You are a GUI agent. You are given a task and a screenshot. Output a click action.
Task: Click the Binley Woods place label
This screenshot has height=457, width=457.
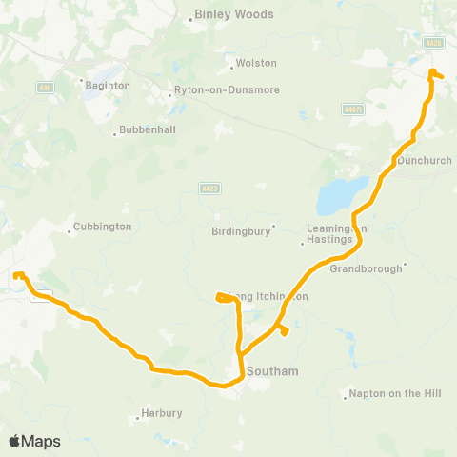tap(233, 14)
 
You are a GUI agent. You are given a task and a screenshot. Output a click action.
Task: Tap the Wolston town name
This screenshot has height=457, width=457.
tap(257, 63)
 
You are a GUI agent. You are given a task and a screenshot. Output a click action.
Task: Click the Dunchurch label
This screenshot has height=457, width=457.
tap(425, 161)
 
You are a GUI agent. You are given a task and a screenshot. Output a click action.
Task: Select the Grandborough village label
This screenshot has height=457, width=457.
tap(367, 268)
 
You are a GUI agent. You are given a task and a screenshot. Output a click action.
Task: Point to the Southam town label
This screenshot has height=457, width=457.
tap(272, 370)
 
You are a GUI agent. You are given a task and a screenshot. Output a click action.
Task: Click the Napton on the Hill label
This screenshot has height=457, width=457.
tap(386, 393)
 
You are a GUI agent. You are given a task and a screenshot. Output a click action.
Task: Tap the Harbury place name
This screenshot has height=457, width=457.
tap(161, 413)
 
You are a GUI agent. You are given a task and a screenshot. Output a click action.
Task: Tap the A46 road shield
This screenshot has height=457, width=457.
tap(45, 88)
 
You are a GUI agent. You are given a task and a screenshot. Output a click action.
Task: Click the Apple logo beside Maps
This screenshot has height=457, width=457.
tap(14, 441)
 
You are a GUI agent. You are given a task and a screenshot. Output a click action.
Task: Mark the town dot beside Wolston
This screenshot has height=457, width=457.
tap(231, 67)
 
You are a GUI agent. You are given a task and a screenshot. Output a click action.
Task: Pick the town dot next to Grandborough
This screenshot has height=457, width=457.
tap(405, 265)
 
